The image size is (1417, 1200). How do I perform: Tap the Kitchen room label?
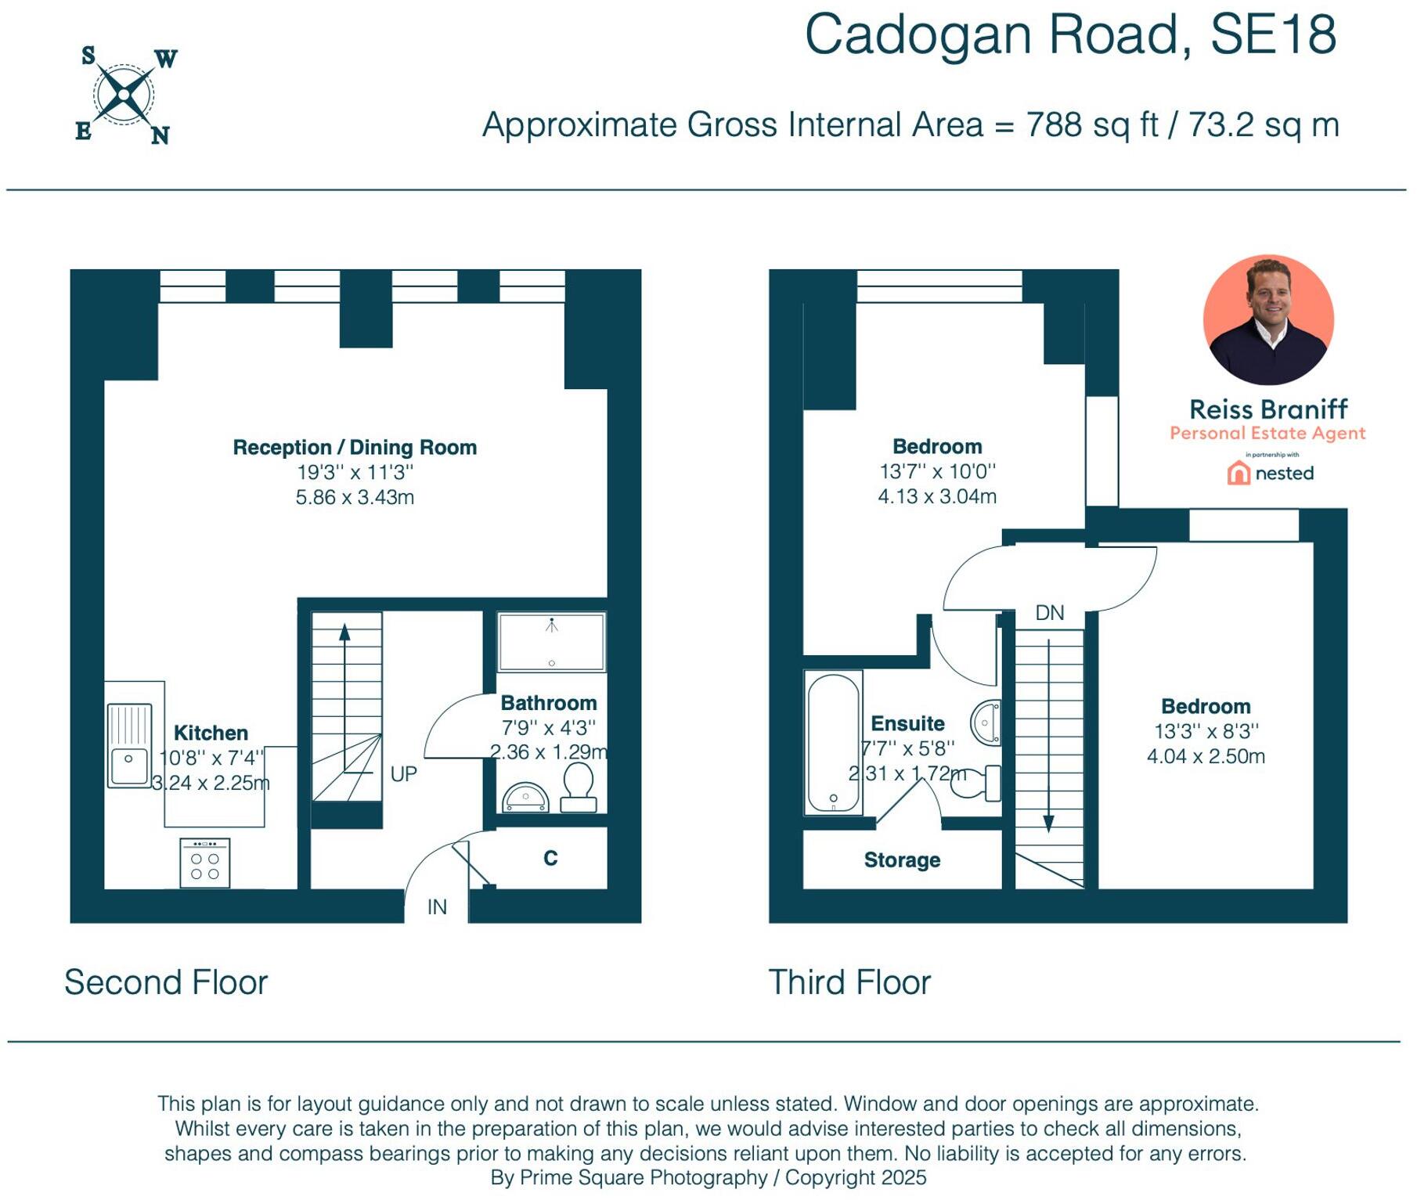pyautogui.click(x=211, y=733)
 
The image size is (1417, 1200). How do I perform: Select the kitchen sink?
pyautogui.click(x=129, y=745)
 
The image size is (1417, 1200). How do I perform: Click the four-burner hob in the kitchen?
pyautogui.click(x=204, y=863)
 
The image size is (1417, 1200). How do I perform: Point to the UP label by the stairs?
pyautogui.click(x=403, y=774)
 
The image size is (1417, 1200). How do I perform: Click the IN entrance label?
pyautogui.click(x=437, y=906)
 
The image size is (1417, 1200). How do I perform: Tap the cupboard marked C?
pyautogui.click(x=550, y=858)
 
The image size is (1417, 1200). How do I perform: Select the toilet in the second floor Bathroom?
pyautogui.click(x=579, y=787)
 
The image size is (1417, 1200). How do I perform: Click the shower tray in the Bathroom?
pyautogui.click(x=552, y=642)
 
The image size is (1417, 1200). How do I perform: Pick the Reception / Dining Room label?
pyautogui.click(x=355, y=447)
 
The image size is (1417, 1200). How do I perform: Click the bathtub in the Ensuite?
pyautogui.click(x=834, y=742)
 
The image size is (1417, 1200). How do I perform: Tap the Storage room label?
pyautogui.click(x=902, y=859)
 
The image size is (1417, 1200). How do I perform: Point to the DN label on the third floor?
pyautogui.click(x=1049, y=613)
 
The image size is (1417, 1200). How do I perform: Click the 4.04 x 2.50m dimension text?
pyautogui.click(x=1206, y=756)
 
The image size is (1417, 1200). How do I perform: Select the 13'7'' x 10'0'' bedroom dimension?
pyautogui.click(x=937, y=471)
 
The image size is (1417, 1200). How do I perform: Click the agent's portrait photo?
pyautogui.click(x=1268, y=320)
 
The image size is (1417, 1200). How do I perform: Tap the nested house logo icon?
pyautogui.click(x=1239, y=473)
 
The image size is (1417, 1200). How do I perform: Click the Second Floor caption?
pyautogui.click(x=166, y=982)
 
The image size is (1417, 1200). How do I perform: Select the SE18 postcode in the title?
pyautogui.click(x=1273, y=35)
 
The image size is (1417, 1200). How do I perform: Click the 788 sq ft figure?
pyautogui.click(x=1092, y=125)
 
